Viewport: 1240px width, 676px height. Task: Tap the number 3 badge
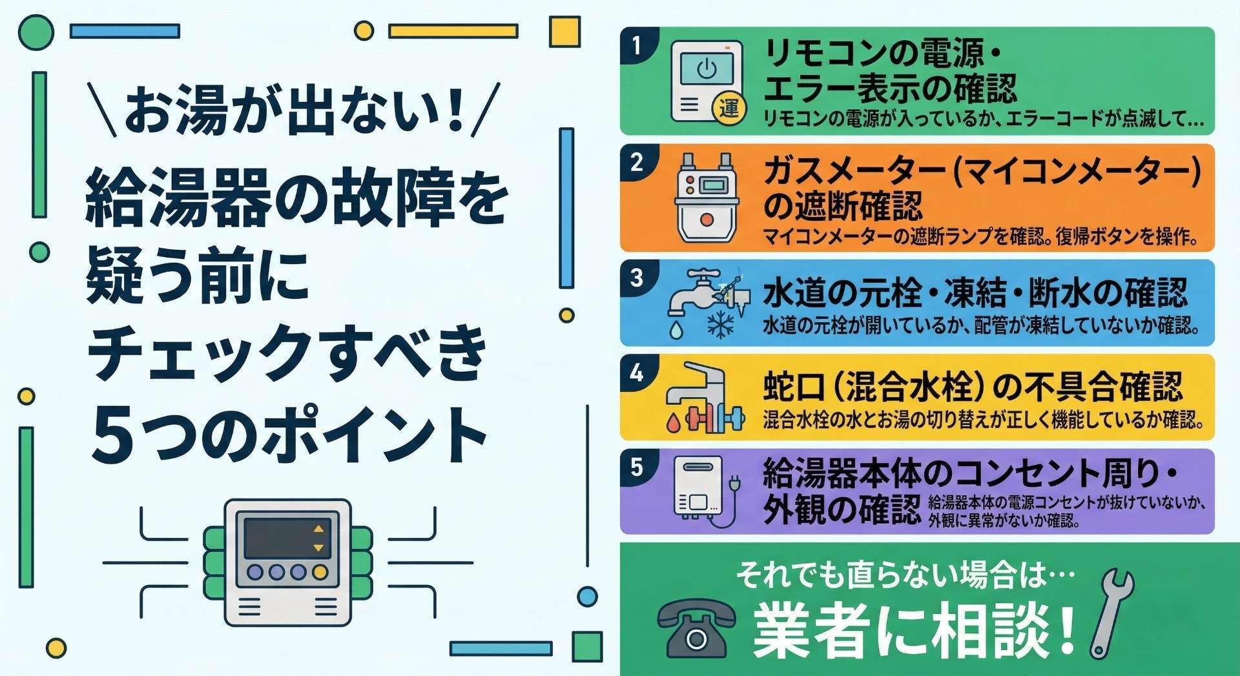636,278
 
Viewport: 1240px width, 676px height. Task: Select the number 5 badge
636,466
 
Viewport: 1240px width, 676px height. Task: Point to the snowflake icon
719,325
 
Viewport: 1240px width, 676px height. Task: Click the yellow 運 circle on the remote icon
729,108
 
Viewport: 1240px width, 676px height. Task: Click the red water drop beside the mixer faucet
673,422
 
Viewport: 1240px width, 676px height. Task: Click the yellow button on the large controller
319,572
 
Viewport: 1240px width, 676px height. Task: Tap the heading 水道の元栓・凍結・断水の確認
975,294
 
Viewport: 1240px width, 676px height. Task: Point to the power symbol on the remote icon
707,68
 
